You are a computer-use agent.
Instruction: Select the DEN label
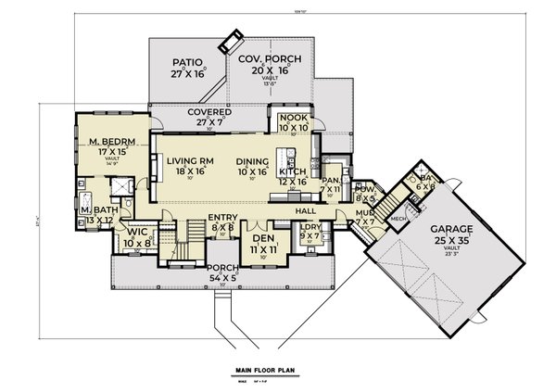click(x=265, y=239)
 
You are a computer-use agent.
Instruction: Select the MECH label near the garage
click(x=399, y=220)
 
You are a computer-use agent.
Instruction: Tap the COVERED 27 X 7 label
click(x=196, y=112)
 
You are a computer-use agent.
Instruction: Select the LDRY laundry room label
click(x=310, y=227)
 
